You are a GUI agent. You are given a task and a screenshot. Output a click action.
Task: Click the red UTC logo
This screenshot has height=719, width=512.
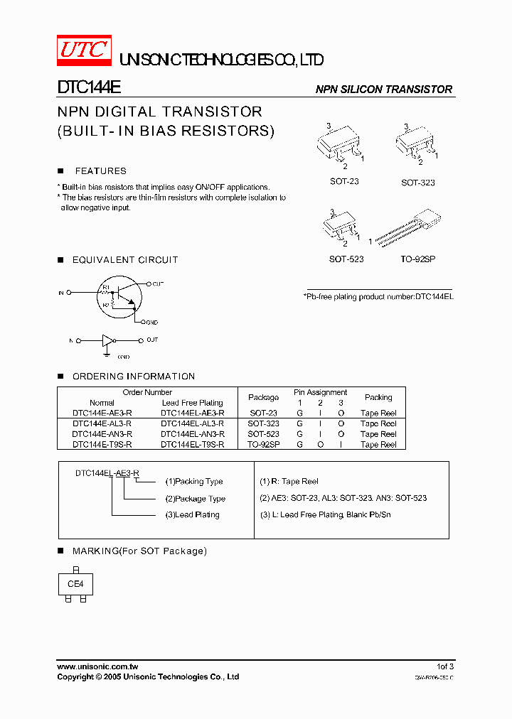84,50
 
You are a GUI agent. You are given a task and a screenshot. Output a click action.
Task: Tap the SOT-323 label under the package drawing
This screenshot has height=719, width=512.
417,183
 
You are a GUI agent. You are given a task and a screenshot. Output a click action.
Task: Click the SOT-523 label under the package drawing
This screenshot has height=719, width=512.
346,259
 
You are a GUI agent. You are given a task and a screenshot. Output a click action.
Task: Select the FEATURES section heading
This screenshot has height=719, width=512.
100,171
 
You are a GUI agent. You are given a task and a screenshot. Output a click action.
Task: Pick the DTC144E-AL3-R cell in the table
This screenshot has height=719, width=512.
102,423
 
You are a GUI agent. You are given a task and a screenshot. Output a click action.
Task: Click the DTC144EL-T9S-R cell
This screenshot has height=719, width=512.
192,445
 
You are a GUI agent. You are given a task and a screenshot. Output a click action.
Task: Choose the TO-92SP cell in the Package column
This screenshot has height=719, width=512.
263,445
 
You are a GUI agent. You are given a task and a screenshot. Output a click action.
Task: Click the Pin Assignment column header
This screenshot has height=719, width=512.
320,392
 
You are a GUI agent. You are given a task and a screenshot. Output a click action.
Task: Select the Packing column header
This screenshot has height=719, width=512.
378,397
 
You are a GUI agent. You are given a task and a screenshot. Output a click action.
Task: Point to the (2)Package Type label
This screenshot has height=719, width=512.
196,499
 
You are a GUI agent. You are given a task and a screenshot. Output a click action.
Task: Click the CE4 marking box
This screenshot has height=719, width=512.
75,584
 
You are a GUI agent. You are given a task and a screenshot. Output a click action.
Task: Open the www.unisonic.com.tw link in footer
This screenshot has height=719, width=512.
97,666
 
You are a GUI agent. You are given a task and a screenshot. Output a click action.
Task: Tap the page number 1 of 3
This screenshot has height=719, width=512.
444,666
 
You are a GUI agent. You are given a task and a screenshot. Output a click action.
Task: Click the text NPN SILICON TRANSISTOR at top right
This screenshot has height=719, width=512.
384,90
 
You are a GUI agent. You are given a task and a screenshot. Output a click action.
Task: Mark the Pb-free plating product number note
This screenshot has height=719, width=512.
378,296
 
